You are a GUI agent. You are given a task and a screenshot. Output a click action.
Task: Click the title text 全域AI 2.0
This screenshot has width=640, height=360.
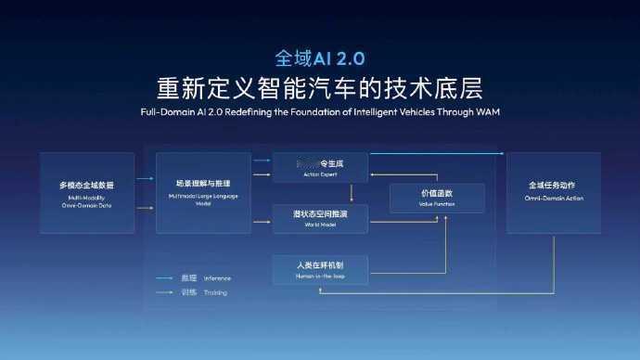coord(319,58)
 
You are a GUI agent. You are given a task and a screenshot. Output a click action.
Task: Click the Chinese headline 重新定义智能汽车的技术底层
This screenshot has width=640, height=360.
coord(319,89)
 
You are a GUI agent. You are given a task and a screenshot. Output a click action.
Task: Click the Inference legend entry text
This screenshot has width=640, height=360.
coord(217,277)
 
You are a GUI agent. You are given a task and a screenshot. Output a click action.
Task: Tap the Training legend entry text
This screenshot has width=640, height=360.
coord(215,292)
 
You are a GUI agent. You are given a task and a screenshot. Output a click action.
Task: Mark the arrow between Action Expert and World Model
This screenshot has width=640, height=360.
coord(352,193)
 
